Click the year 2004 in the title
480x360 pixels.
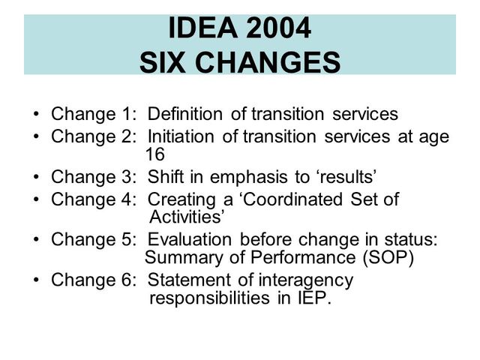(x=277, y=29)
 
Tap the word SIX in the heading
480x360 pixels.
(x=163, y=61)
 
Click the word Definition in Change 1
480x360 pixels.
(x=185, y=115)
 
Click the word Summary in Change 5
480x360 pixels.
(x=175, y=258)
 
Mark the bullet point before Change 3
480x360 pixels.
(x=37, y=177)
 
